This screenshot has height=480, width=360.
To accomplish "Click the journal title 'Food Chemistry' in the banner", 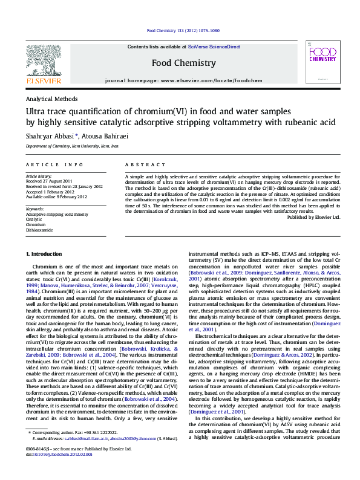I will [183, 63].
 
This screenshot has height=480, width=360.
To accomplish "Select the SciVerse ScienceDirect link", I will [214, 47].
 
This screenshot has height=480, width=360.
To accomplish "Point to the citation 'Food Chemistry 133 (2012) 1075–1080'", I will [183, 30].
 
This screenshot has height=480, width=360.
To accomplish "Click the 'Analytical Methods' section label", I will [51, 99].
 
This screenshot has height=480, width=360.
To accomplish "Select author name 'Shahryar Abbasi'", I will [50, 137].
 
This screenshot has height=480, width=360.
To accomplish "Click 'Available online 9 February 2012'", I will [56, 196].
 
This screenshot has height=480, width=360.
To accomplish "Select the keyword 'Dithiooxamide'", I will [39, 230].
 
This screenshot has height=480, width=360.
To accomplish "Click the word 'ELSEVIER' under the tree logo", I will [42, 80].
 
